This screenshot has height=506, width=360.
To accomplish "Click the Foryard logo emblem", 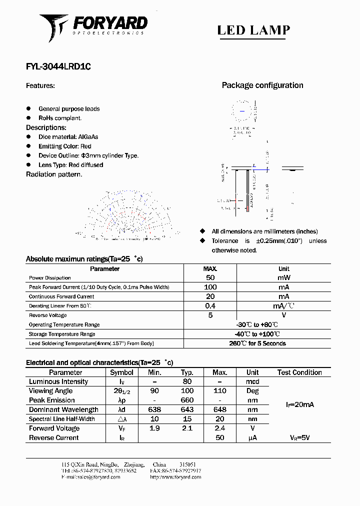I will pos(54,27).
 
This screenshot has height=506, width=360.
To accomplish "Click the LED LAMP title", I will pos(253,30).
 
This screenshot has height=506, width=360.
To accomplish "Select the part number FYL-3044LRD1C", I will pos(58,66).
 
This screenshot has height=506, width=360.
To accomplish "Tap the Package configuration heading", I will pos(262,85).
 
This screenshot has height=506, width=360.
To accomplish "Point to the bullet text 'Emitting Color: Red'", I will pos(65,146).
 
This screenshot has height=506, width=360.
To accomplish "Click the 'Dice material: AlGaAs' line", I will pos(68,137).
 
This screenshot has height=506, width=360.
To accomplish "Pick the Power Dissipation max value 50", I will pos(210,277).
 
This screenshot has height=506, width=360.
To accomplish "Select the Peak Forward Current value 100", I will pos(210,287).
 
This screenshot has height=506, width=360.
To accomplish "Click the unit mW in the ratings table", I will pos(283,277).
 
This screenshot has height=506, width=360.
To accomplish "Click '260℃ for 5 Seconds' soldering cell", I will pos(257,343).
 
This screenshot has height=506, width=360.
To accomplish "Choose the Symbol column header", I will pos(121,372).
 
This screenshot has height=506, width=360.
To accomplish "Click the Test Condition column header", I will pos(299,372).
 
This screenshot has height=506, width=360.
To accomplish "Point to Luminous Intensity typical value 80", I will pos(187,382).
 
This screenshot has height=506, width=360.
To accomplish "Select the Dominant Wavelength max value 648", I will pos(219,410).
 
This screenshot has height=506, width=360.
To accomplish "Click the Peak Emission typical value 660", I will pos(187,400).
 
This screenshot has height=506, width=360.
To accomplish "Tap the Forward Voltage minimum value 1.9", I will pos(154,428).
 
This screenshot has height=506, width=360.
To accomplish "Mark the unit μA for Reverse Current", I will pos(252,438).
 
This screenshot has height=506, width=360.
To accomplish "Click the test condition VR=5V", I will pos(299,438).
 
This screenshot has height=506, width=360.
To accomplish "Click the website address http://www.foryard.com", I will pos(175,477).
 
